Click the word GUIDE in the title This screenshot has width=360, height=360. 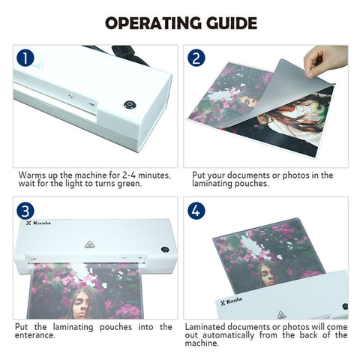coord(232,23)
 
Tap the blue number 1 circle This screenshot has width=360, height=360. coord(25,58)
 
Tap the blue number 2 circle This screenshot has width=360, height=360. coord(196,58)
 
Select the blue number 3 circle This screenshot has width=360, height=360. coord(25,211)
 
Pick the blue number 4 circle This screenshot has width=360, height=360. coord(196,211)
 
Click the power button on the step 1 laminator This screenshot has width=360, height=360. coord(130,105)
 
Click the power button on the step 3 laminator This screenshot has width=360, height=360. coord(165,250)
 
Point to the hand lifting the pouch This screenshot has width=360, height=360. coord(325,61)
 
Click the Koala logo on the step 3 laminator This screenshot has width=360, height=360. coord(38,223)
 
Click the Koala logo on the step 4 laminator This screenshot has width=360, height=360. coord(231,301)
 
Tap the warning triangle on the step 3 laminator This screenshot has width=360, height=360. coord(89,244)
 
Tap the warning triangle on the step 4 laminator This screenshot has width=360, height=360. coord(281,315)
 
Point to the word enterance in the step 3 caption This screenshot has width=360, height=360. coord(35,335)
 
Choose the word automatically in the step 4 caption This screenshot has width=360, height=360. coord(228,335)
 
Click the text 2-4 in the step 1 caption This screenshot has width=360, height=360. coord(129,175)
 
